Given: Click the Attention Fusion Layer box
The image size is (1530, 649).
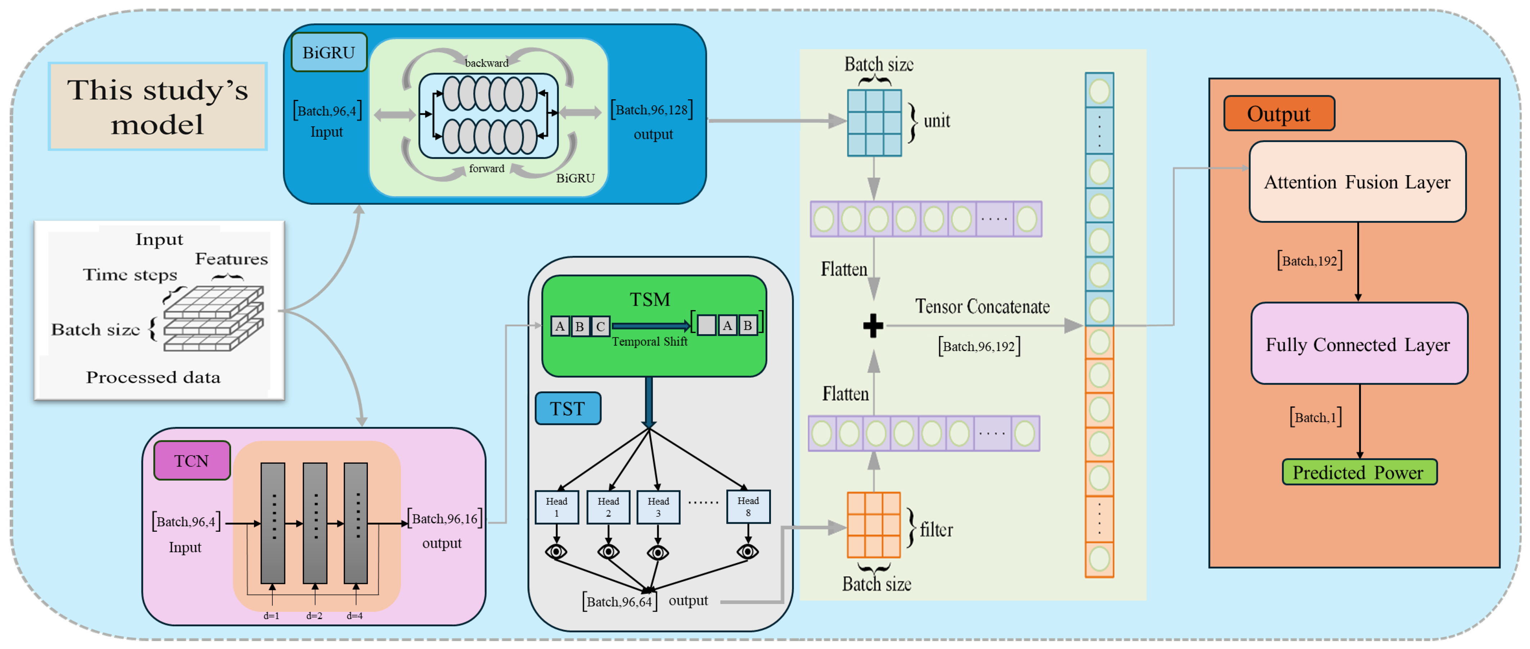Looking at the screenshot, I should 1357,182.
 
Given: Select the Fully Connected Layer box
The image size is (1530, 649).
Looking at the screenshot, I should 1358,344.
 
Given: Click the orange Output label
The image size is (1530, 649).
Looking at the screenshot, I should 1279,113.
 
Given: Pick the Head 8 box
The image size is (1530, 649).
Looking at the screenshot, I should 748,507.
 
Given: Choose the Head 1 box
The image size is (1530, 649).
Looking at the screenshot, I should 556,507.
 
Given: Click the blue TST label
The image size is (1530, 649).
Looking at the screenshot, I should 568,409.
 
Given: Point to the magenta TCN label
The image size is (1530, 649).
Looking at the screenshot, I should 191,461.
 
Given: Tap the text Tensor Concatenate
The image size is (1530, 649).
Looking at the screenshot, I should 982,307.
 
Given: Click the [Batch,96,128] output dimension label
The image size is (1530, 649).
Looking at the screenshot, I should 652,110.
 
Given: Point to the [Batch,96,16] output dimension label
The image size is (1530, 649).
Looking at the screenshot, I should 444,519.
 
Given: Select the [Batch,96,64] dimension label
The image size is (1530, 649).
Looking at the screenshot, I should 619,602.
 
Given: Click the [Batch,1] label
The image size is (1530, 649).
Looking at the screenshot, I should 1315,417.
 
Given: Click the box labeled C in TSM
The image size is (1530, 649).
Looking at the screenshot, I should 600,326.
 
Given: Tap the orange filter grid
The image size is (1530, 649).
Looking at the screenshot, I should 873,525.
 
